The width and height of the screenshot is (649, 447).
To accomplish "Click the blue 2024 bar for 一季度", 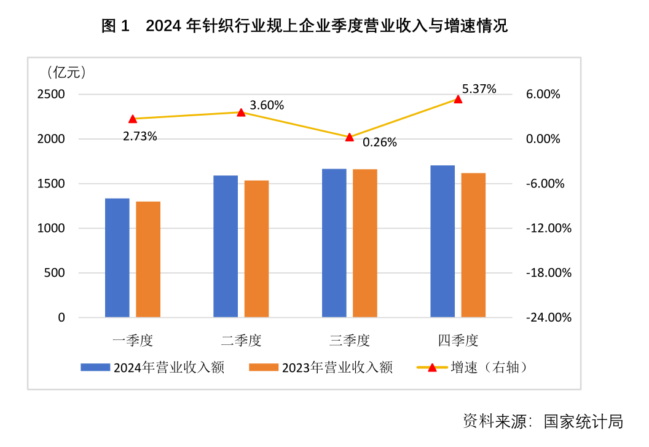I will coord(117,258).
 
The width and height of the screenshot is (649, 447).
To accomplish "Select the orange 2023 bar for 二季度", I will coord(256,249).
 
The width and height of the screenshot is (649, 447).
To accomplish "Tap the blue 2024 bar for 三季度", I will coord(334,243).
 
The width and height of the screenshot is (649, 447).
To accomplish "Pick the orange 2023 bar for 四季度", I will coord(473,245).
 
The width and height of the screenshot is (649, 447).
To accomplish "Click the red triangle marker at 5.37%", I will coord(458,99).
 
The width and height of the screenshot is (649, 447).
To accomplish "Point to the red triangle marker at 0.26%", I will coord(349,137).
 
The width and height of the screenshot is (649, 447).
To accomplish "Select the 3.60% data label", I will coord(267,105).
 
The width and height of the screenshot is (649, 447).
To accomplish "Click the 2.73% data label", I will coord(140,136).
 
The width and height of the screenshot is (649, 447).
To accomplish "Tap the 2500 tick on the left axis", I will coord(53,95).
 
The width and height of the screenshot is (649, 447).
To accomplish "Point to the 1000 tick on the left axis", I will coord(53,228).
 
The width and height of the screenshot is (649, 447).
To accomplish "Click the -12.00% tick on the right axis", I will coord(548,228).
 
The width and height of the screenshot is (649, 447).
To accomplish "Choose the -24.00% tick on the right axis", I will coord(548,317).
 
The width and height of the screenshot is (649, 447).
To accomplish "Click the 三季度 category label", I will coord(349,340).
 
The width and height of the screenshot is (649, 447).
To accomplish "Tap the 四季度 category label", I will coord(458,340).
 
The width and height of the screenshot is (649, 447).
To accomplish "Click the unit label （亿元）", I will coord(66,73).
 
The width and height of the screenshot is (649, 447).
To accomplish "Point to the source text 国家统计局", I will coord(583,421).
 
